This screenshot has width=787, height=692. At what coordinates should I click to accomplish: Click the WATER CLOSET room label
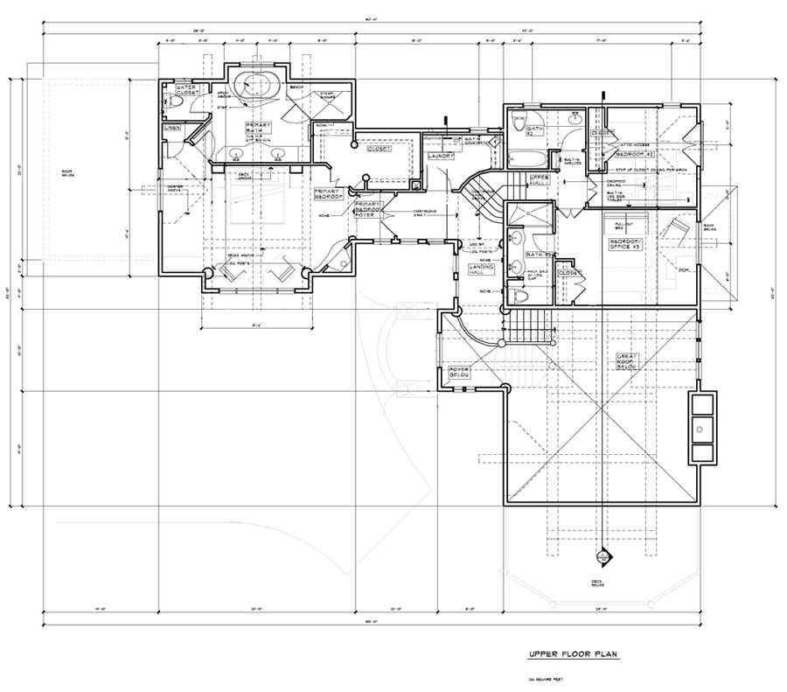tap(186, 91)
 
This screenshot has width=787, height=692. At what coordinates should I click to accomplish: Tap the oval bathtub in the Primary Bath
tap(257, 86)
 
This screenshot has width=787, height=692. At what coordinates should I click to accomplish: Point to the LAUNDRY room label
tap(440, 157)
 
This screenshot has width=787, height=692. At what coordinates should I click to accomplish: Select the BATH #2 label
tap(536, 132)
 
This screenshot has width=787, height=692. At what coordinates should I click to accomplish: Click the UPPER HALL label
tap(540, 180)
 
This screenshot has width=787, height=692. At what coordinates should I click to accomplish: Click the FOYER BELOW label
tap(460, 372)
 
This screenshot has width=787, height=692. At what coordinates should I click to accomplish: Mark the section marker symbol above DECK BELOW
tap(602, 557)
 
